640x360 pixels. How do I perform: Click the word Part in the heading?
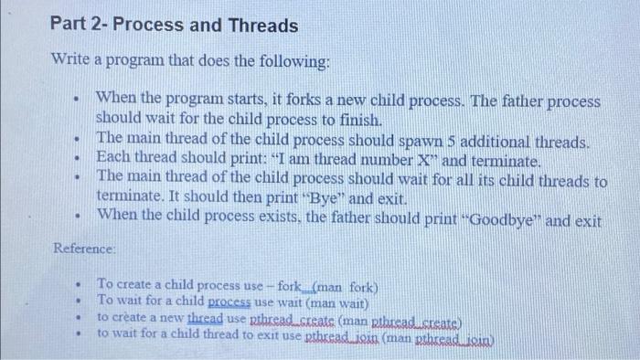[70, 26]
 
